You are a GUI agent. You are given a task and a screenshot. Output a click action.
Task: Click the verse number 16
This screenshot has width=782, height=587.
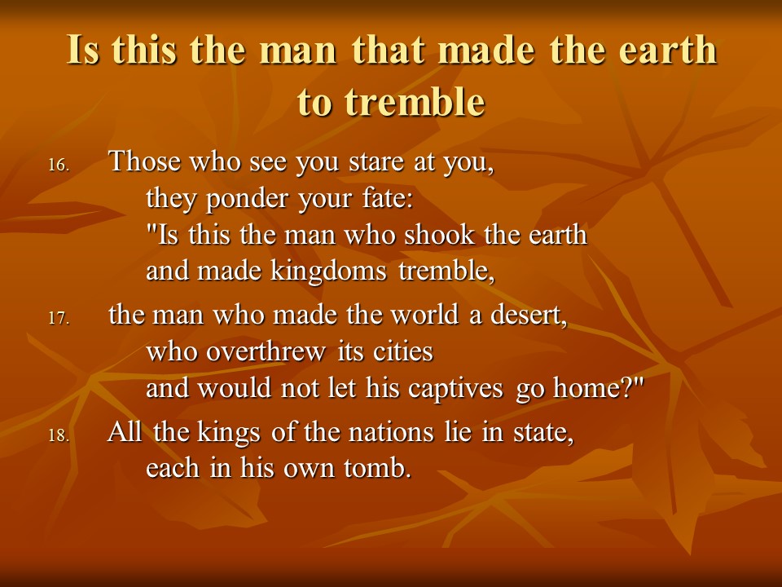tap(59, 165)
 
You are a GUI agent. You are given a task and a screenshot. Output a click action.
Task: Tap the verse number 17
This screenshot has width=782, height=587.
tap(59, 318)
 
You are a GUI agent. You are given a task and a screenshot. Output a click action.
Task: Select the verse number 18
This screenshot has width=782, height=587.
tap(59, 435)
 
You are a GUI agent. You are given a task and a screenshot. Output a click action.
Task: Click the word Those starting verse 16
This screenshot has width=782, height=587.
tap(145, 161)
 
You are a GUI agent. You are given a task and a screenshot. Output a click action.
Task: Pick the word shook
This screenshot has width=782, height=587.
tap(439, 235)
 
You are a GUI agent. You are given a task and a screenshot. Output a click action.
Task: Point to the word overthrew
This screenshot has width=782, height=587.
tap(266, 351)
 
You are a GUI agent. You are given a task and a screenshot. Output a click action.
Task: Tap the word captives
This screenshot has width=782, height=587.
tap(455, 389)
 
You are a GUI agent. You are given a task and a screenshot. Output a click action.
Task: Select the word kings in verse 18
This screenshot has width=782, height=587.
tap(229, 433)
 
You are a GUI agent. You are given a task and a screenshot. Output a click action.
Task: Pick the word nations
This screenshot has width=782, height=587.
tap(392, 432)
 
